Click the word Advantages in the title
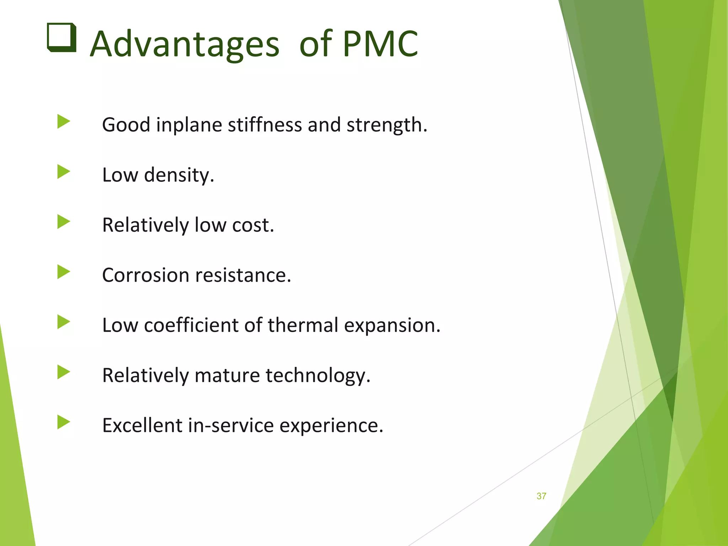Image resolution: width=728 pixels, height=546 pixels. [x=184, y=44]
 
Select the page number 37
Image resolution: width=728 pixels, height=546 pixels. [x=541, y=496]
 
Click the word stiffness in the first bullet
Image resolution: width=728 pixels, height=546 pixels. [x=265, y=125]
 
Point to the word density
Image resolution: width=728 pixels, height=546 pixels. [x=179, y=175]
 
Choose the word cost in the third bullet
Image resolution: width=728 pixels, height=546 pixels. [x=253, y=225]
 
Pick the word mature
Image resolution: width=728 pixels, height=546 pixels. [x=227, y=375]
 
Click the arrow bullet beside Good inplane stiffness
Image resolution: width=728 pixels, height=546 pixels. [x=64, y=122]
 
